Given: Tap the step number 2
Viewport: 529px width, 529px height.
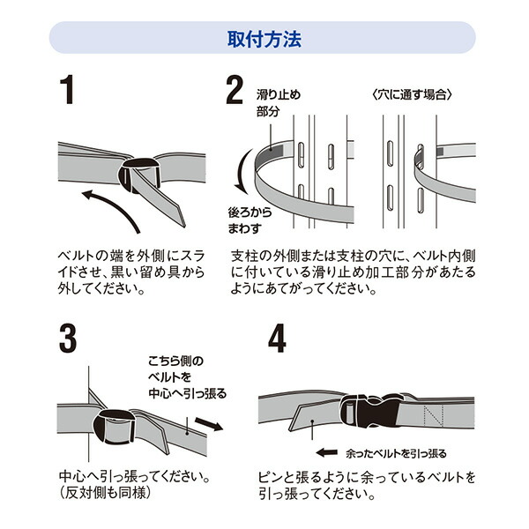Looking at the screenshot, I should tap(234, 92).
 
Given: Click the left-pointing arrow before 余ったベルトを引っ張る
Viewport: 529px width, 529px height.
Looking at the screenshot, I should tap(330, 453).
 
